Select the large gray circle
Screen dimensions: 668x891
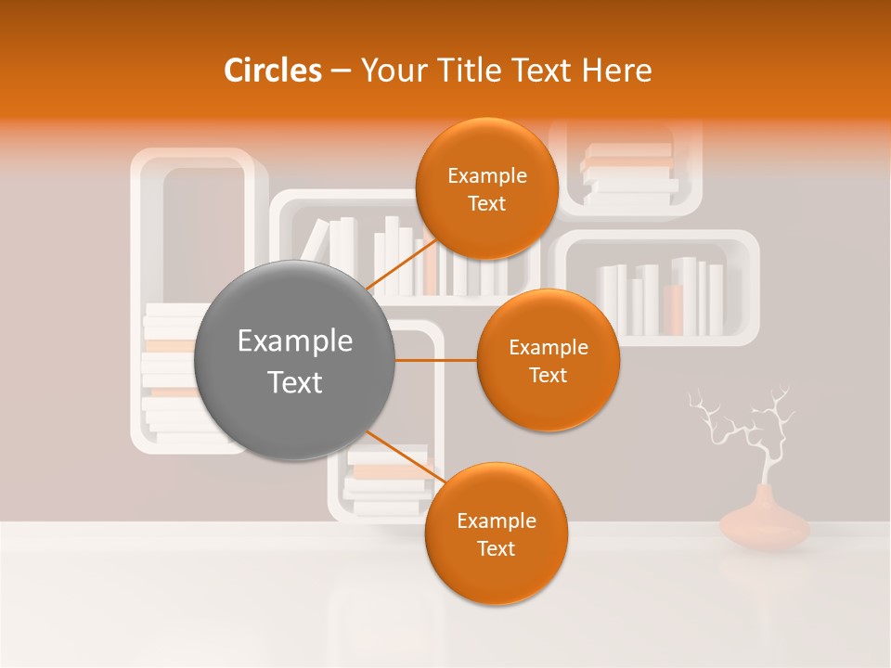pos(294,360)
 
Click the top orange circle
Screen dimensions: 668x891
pos(486,188)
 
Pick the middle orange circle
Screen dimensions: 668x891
pos(548,360)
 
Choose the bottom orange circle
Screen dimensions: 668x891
pos(496,533)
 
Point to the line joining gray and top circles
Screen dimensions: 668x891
pos(401,264)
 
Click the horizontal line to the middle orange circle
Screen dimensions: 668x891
pos(435,360)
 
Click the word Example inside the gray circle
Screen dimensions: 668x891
pos(294,341)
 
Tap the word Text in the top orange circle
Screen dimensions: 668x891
pos(486,204)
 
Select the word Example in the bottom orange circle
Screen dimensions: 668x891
pos(496,520)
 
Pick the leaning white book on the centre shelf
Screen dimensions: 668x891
pos(315,242)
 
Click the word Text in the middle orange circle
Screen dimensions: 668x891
pos(548,376)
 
